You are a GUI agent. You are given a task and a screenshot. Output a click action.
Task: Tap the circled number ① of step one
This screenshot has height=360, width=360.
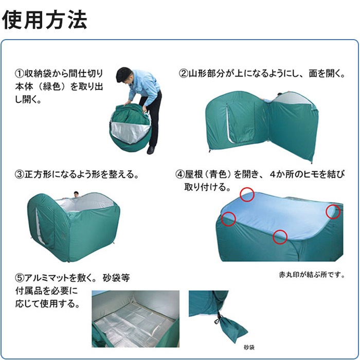(x=20, y=74)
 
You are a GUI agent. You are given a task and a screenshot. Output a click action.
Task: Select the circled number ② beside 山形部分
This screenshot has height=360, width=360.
(x=183, y=74)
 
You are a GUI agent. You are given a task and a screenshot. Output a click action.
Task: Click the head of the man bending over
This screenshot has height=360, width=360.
(x=125, y=76)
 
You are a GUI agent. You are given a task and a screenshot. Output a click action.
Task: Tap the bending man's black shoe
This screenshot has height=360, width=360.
(x=151, y=150)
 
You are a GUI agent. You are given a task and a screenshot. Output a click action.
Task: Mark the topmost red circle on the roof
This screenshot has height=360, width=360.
(x=247, y=194)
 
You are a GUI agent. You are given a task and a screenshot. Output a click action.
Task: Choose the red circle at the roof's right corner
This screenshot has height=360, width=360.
(x=333, y=211)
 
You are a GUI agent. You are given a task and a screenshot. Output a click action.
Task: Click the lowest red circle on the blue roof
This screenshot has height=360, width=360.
(x=280, y=237)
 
